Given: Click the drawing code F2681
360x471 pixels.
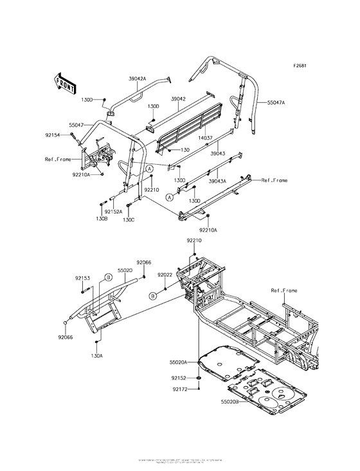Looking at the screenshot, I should click(301, 66).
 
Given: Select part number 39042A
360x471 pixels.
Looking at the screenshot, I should click(138, 78).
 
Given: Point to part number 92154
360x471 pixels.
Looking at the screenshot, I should click(53, 135).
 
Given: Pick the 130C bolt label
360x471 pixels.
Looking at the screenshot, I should click(129, 220).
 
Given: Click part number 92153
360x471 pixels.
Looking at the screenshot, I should click(82, 278).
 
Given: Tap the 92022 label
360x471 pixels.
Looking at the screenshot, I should click(166, 275).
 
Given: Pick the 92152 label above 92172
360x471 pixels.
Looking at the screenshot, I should click(179, 378).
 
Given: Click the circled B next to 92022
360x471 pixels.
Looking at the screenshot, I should click(153, 295).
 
